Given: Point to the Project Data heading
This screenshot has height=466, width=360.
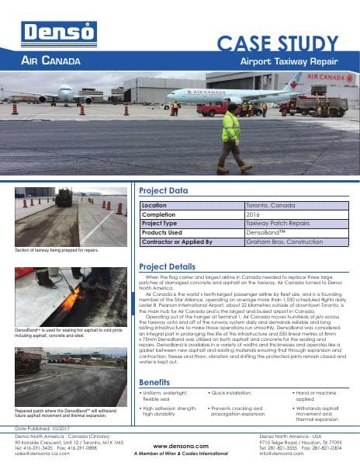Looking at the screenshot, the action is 163,190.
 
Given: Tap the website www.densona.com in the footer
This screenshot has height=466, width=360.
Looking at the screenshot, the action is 179,446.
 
